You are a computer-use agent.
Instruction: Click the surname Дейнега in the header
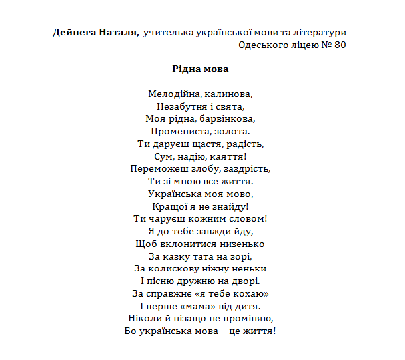coord(75,32)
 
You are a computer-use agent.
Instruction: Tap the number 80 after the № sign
coord(339,45)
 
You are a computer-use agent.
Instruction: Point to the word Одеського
coord(262,45)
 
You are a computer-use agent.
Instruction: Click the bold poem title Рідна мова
coord(200,68)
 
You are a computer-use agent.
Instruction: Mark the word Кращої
coord(169,206)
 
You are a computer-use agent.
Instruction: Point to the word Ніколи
coord(143,319)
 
